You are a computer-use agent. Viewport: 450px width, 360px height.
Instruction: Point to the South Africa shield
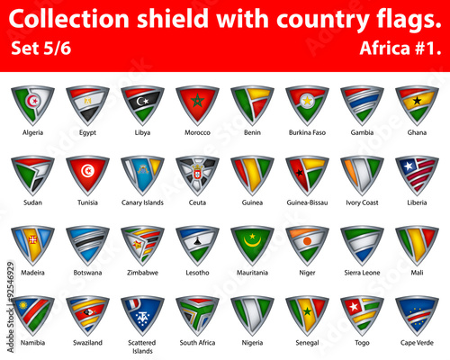(x=197, y=314)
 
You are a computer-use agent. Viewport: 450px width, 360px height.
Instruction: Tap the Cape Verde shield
(x=416, y=314)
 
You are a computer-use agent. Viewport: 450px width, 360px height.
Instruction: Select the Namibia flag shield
(x=33, y=314)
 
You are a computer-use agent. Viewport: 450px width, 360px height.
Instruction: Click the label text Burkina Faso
(x=306, y=132)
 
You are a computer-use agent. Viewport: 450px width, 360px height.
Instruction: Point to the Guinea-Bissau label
(x=306, y=202)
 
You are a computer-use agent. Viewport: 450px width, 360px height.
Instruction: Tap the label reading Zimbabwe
(x=142, y=273)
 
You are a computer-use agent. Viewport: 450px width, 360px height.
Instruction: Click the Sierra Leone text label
(x=361, y=273)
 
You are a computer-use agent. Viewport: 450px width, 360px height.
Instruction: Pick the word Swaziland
(x=88, y=343)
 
